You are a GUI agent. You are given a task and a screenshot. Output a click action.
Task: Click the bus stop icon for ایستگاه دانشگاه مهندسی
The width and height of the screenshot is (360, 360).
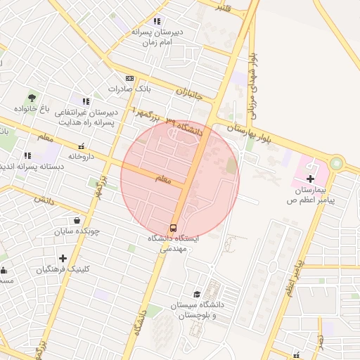(x=173, y=227)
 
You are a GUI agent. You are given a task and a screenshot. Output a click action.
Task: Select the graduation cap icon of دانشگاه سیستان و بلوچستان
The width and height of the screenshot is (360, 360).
(x=197, y=294)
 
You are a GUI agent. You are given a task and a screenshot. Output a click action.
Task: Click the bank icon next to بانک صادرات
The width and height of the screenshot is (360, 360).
(x=129, y=78)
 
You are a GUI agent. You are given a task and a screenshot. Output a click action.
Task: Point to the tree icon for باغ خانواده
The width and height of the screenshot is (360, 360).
(x=32, y=97)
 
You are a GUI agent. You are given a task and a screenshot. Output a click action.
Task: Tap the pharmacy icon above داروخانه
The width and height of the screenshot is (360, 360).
(x=81, y=146)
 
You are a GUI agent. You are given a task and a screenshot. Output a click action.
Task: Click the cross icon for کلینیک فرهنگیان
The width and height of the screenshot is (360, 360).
(x=63, y=258)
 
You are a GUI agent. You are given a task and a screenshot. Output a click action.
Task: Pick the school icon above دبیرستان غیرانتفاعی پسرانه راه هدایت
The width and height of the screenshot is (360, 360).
(x=85, y=102)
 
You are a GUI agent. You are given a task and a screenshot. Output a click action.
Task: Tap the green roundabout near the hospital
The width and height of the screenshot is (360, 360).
(x=336, y=163)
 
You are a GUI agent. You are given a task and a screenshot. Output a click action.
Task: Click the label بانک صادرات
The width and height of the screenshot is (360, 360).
(x=129, y=89)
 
